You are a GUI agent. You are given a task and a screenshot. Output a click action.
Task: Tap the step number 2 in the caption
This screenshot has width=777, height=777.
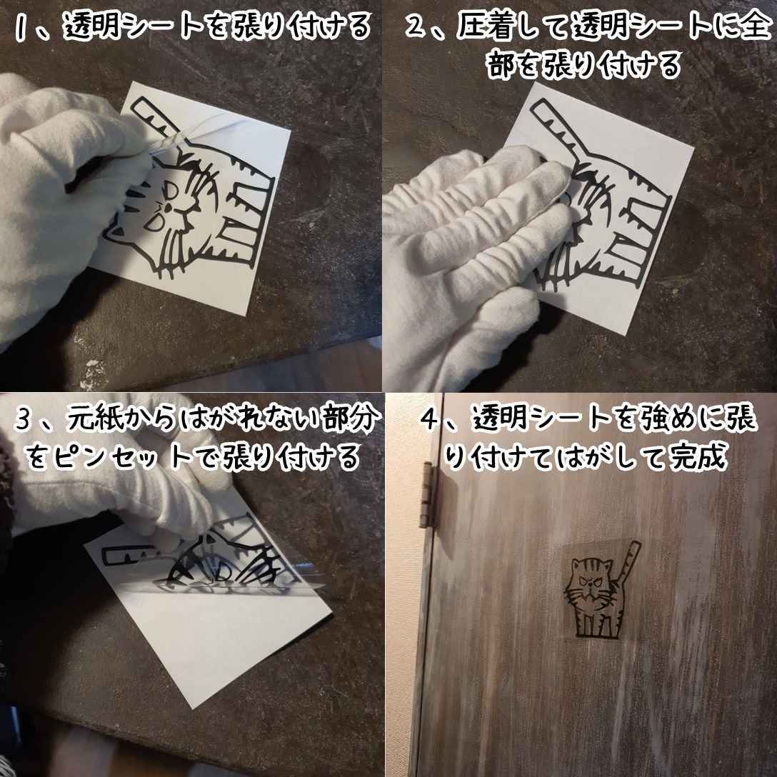[414, 27]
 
